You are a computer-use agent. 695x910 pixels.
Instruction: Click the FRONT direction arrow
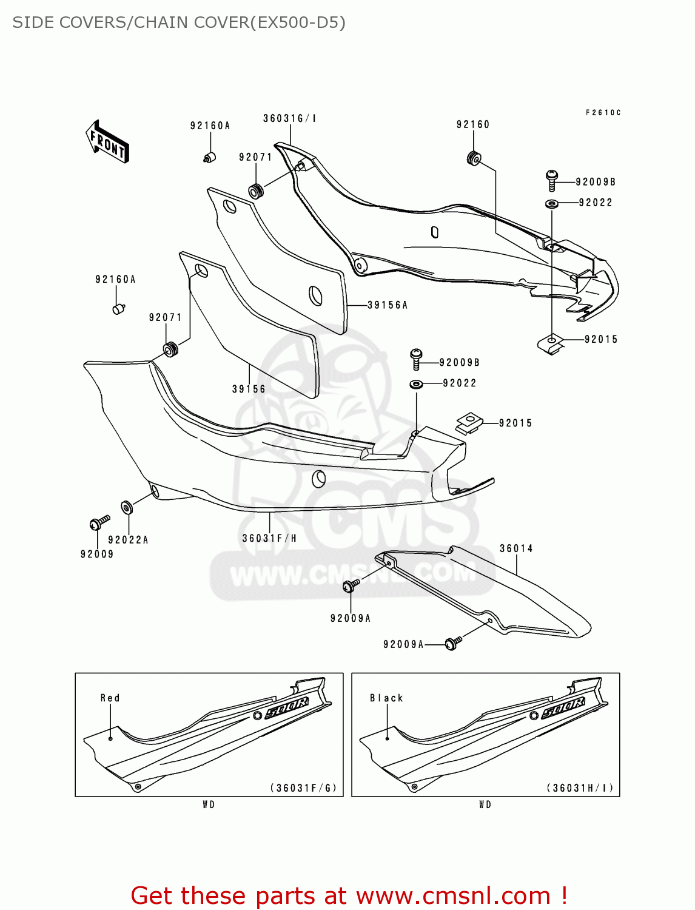click(107, 142)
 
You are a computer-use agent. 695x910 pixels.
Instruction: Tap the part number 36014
click(515, 548)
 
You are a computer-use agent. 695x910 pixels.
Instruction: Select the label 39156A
click(387, 305)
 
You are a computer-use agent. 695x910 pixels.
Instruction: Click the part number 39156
click(248, 389)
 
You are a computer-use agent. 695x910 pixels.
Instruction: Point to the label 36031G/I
click(290, 118)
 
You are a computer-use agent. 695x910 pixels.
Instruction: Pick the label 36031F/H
click(269, 538)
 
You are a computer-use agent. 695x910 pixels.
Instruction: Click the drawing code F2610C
click(603, 112)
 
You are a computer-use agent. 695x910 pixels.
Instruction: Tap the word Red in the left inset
click(110, 698)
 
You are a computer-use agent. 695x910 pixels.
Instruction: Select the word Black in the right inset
click(386, 698)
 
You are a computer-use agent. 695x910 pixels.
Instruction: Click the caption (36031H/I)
click(580, 787)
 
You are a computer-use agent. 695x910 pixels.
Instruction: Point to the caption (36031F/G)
click(303, 787)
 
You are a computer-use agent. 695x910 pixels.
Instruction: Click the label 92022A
click(128, 540)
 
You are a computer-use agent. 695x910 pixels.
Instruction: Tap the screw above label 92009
click(99, 523)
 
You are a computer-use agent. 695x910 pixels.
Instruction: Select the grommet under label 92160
click(474, 158)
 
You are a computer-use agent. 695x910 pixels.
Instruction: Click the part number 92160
click(473, 124)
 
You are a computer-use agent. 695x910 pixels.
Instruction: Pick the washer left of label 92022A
click(126, 507)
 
